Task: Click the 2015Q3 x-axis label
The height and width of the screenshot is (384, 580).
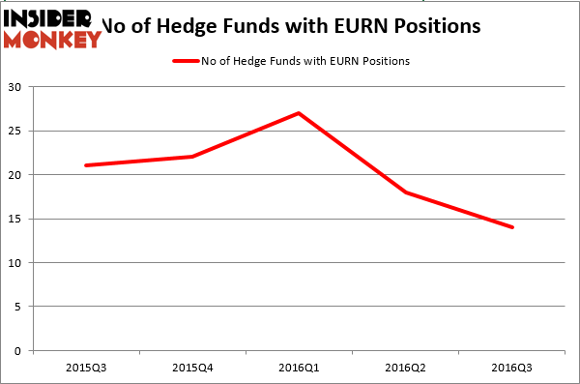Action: coord(86,369)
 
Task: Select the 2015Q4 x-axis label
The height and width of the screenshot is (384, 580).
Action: coord(192,369)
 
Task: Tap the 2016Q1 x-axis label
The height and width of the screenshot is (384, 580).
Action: coord(299,369)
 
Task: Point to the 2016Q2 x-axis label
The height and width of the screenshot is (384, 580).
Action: coord(405,369)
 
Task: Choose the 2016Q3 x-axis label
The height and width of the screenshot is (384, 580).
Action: coord(511,369)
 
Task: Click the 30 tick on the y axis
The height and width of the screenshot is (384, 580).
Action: coord(17,87)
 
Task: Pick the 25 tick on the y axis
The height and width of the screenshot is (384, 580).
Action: coord(17,131)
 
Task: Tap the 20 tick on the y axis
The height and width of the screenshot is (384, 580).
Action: coord(17,175)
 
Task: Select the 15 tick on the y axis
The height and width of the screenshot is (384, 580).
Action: coord(17,219)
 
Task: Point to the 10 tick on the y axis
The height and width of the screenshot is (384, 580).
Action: coord(17,263)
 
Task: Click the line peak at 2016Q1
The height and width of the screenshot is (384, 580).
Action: coord(299,113)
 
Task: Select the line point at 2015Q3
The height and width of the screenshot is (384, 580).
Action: coord(86,165)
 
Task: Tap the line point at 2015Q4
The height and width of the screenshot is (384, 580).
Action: coord(192,157)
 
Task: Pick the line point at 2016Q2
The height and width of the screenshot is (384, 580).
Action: coord(405,192)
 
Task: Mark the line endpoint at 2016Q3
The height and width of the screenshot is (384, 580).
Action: coord(511,227)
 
